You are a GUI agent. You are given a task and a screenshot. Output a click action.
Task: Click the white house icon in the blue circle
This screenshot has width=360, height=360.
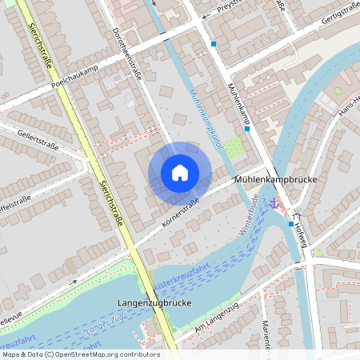tap(180, 172)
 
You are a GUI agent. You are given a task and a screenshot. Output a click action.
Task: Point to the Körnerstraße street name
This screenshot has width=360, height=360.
tap(179, 212)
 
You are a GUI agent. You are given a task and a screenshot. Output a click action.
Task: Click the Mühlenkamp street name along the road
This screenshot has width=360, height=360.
tap(239, 105)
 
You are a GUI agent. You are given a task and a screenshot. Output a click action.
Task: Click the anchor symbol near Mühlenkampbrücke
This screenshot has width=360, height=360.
tap(276, 202)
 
